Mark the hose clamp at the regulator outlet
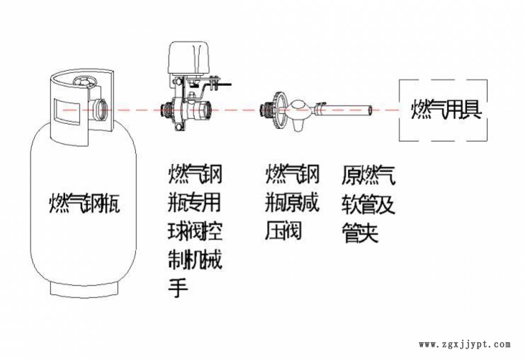(321, 110)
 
